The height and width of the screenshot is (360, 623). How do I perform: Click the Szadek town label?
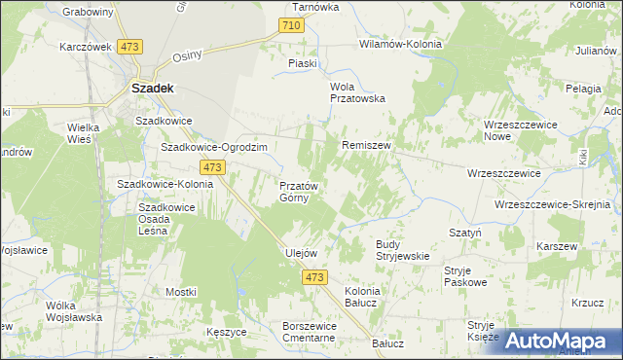(152, 87)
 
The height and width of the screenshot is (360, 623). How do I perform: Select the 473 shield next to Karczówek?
(129, 47)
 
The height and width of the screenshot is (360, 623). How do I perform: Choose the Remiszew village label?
(366, 145)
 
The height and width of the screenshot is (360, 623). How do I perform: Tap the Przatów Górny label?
(294, 191)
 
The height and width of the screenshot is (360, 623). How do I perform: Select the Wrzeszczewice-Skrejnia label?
(552, 204)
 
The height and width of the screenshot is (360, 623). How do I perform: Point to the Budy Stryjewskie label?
(403, 249)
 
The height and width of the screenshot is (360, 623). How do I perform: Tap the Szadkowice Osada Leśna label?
(167, 225)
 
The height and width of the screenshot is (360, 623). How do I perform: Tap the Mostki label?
(181, 291)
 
